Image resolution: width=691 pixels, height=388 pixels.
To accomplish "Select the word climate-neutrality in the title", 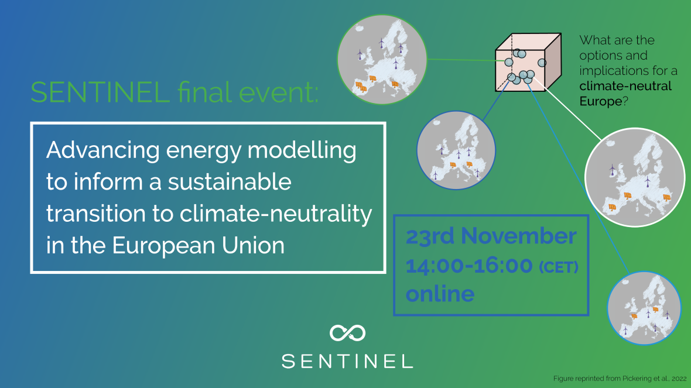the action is [x=276, y=214].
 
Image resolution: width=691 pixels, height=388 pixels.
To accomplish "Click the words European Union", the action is [x=199, y=245].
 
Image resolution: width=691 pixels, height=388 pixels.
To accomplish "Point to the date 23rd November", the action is [x=491, y=236].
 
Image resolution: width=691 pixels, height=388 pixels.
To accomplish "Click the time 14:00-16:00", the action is [x=469, y=266].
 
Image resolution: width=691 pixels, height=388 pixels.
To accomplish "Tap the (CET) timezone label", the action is [x=559, y=267].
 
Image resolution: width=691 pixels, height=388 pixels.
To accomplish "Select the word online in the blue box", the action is [x=440, y=294].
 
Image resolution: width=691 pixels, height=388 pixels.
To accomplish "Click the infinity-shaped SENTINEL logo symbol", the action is [x=348, y=333].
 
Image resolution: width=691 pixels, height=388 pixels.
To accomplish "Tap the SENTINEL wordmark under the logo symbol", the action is [x=347, y=361].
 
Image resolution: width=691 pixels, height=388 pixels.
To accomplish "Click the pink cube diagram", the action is [x=528, y=62].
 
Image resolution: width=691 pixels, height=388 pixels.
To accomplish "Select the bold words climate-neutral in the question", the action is [x=625, y=86].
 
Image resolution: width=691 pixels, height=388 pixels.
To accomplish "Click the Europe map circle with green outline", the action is [x=382, y=60].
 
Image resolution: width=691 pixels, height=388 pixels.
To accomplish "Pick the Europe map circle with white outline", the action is [x=635, y=177].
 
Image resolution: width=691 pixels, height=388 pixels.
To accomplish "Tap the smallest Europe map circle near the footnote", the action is [x=644, y=308].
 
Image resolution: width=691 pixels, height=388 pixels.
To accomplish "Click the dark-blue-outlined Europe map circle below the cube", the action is [x=456, y=150].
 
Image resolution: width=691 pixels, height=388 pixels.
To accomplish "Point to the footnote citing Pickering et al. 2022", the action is [x=620, y=379].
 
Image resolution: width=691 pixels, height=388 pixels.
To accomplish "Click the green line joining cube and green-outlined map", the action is [x=461, y=60].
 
